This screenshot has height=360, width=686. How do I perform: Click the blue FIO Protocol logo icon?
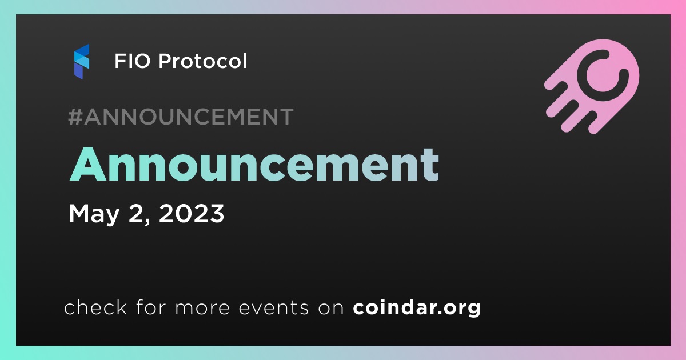click(x=81, y=62)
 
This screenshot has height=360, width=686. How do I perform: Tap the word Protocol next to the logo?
click(x=202, y=61)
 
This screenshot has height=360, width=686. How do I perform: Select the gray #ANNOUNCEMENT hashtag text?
click(x=181, y=117)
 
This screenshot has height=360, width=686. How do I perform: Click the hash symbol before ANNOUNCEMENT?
click(x=75, y=117)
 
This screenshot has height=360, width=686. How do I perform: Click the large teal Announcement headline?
click(x=254, y=165)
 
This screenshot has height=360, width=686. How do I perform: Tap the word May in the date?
click(x=94, y=214)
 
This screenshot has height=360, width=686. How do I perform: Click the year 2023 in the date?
click(x=192, y=213)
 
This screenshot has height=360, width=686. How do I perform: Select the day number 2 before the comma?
click(x=135, y=213)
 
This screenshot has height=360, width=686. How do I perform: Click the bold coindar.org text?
click(x=417, y=307)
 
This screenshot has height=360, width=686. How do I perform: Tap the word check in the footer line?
click(x=95, y=307)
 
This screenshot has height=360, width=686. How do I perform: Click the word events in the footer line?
click(x=273, y=307)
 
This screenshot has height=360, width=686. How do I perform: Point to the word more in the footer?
click(x=202, y=308)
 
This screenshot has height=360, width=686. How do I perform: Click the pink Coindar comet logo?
click(x=592, y=86)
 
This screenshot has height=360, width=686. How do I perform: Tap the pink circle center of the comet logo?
click(x=603, y=75)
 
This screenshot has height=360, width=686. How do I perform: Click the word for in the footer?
click(x=151, y=307)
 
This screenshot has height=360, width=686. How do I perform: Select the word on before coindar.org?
click(x=331, y=308)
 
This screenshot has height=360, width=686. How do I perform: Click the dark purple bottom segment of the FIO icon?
click(x=79, y=71)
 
